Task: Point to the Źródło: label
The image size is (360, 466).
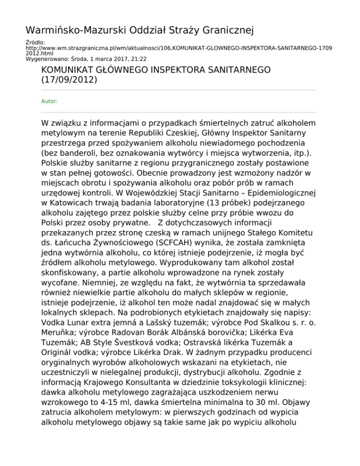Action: tap(33, 42)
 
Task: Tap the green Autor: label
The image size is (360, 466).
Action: tap(49, 100)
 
